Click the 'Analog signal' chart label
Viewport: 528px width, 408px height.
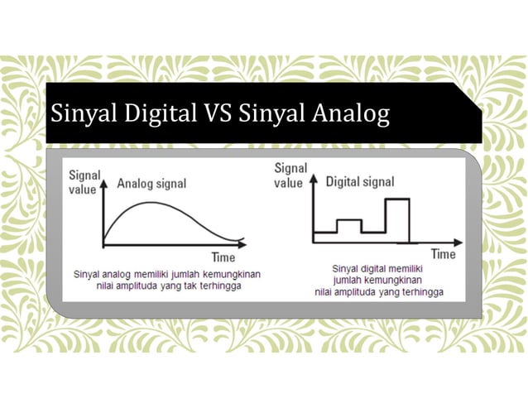(151, 184)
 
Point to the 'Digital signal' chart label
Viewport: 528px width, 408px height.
(360, 182)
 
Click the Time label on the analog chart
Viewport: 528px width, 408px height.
(223, 257)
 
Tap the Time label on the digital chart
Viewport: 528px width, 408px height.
(444, 254)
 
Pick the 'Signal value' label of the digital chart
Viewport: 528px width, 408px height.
(290, 175)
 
